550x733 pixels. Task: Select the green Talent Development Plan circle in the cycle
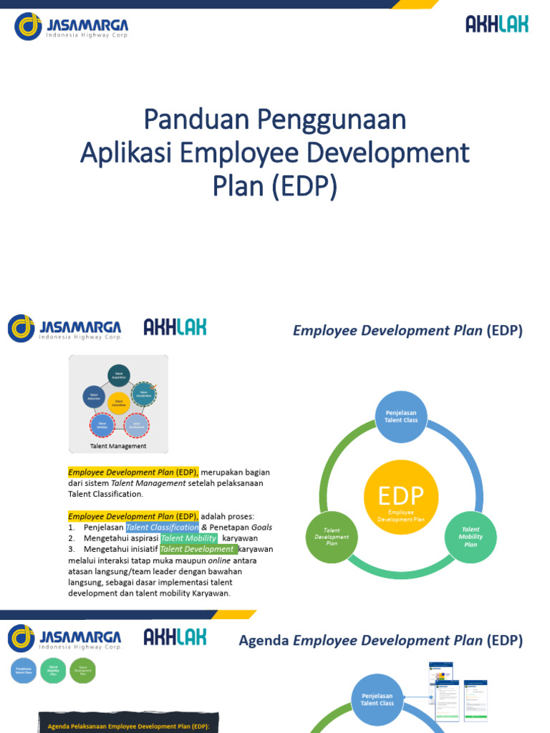pos(331,537)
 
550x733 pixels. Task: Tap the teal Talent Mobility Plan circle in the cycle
pos(471,537)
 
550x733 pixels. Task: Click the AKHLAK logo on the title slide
pos(496,25)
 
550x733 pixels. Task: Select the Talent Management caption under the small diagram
pos(118,446)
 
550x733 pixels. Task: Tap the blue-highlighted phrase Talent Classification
pos(162,528)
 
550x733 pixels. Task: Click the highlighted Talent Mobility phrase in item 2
pos(188,538)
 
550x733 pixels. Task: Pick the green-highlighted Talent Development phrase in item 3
pos(197,549)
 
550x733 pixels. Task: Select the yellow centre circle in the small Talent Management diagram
pos(118,404)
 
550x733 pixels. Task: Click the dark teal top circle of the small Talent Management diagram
pos(118,375)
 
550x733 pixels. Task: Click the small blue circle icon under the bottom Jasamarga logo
pos(24,671)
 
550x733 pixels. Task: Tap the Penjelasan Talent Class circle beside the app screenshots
pos(377,699)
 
